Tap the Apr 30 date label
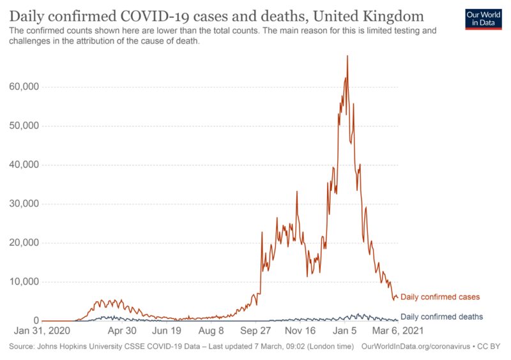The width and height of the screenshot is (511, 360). [121, 331]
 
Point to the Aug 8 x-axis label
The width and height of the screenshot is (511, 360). [211, 331]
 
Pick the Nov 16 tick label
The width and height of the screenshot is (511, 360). [300, 331]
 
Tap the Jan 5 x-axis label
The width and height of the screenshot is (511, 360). [345, 331]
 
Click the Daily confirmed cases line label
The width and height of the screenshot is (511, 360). [439, 297]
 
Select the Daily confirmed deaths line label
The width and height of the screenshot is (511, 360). [441, 317]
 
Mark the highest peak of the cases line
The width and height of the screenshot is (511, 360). [347, 56]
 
